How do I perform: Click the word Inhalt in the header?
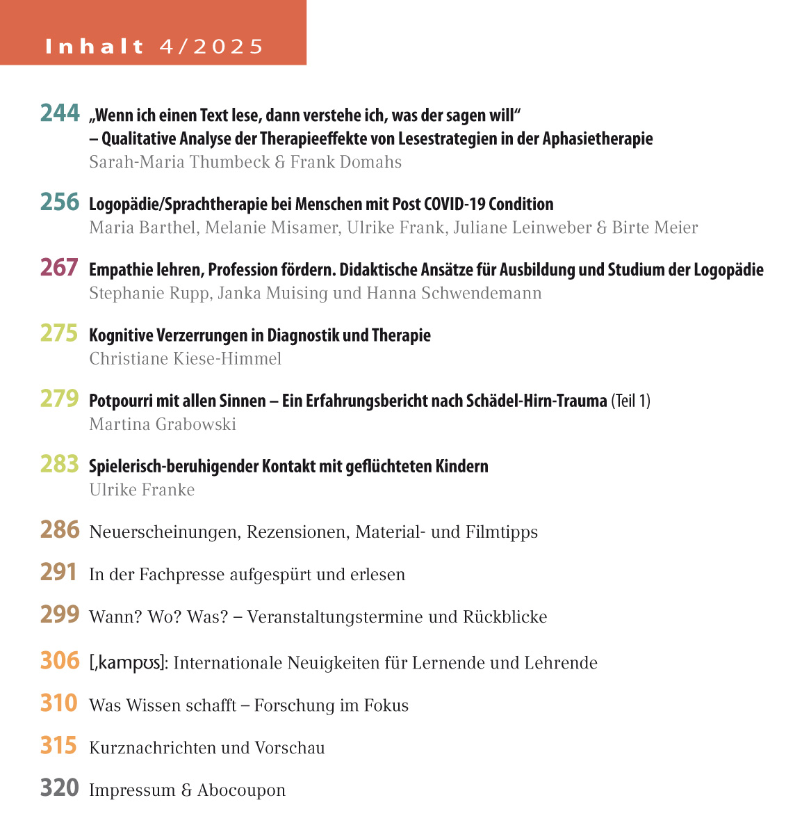[x=95, y=47]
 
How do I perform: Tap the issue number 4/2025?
[x=211, y=47]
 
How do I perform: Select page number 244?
[x=60, y=113]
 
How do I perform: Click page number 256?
[x=60, y=202]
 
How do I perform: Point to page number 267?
[x=59, y=267]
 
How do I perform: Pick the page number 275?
[x=59, y=333]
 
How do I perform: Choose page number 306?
[x=60, y=660]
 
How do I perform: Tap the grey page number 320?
[x=59, y=788]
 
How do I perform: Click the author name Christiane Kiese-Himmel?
[x=186, y=359]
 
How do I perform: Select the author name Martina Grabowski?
[x=163, y=424]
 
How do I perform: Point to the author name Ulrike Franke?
[x=142, y=490]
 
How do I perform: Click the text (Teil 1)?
[x=630, y=401]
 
